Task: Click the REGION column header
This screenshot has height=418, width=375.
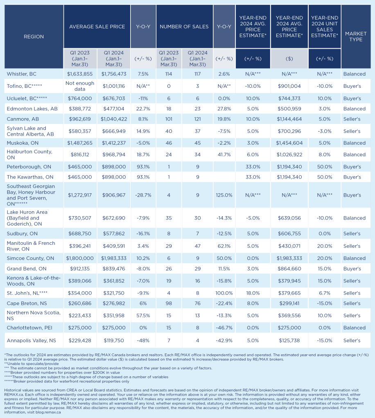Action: click(34, 36)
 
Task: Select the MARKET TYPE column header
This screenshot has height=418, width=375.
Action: click(356, 36)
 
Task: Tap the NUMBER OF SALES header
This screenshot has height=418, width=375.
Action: click(184, 27)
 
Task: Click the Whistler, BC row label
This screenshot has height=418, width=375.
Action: click(22, 74)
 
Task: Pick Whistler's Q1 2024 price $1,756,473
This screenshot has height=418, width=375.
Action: click(114, 74)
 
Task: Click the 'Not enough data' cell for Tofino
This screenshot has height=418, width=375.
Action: click(80, 86)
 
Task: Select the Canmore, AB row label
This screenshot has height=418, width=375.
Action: click(23, 119)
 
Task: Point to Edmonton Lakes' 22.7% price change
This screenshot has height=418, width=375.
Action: click(143, 109)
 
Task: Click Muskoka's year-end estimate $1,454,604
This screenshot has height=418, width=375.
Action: click(289, 143)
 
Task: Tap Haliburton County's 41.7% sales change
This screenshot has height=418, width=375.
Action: click(224, 154)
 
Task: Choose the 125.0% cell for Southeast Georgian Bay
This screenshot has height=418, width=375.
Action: click(224, 195)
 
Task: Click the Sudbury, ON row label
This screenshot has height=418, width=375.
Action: click(22, 234)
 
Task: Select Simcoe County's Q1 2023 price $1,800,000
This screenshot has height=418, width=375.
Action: click(80, 258)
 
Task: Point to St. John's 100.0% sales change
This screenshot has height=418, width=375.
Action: click(224, 293)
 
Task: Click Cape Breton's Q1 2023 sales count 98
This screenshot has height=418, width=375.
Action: click(169, 303)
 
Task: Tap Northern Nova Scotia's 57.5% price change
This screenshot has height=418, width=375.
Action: click(143, 315)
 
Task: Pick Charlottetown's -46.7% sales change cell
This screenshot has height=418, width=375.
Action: click(224, 328)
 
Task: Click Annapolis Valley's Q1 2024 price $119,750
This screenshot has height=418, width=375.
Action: click(114, 340)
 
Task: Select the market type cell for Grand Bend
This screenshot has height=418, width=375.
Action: click(352, 269)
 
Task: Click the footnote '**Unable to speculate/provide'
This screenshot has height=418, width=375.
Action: click(32, 364)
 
